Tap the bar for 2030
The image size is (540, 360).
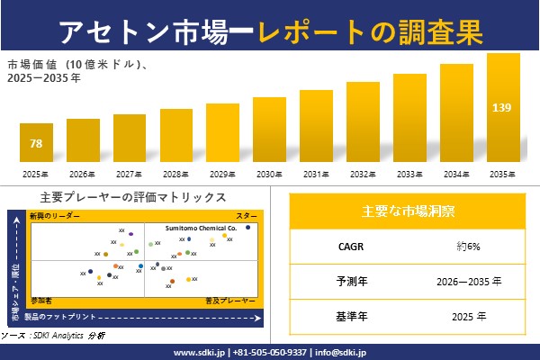[x=269, y=130]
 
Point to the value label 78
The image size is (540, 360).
[x=36, y=144]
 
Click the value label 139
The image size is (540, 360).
[x=502, y=108]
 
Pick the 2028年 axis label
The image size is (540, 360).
[x=175, y=173]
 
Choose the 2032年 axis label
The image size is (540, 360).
[x=363, y=173]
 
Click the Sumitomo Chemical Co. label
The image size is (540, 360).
[x=200, y=229]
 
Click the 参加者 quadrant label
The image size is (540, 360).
[x=41, y=298]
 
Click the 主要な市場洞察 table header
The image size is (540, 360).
[x=409, y=211]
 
